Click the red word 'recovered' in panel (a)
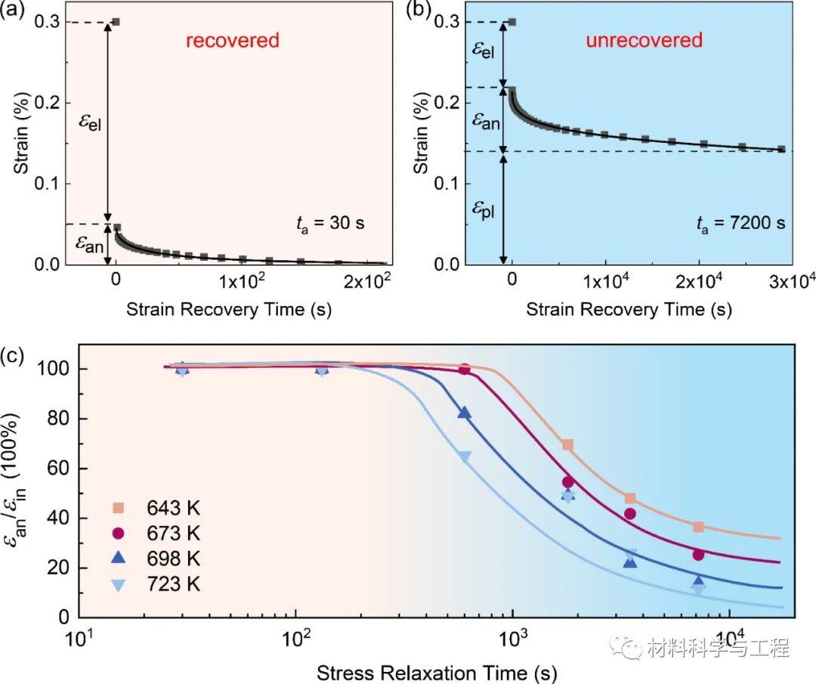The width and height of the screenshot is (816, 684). pyautogui.click(x=233, y=40)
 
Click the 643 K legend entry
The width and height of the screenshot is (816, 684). pyautogui.click(x=167, y=506)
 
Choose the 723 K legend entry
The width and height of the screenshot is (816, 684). pyautogui.click(x=167, y=583)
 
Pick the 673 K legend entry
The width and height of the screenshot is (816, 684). pyautogui.click(x=167, y=533)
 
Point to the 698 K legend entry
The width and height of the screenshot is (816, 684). pyautogui.click(x=167, y=558)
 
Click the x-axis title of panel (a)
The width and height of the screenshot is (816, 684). pyautogui.click(x=229, y=309)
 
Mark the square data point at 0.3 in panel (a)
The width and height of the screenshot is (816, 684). pyautogui.click(x=116, y=22)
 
